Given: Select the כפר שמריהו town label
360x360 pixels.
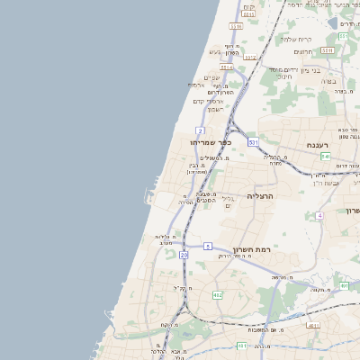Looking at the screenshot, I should point(211,142).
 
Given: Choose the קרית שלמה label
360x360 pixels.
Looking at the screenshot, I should point(294,39).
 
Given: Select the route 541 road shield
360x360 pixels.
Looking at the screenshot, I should point(325,156).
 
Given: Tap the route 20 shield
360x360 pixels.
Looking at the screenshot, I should point(184,256).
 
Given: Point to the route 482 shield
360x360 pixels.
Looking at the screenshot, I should point(217,295).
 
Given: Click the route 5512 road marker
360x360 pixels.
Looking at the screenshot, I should point(249,58).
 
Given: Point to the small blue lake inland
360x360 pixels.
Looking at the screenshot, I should point(333,22).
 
